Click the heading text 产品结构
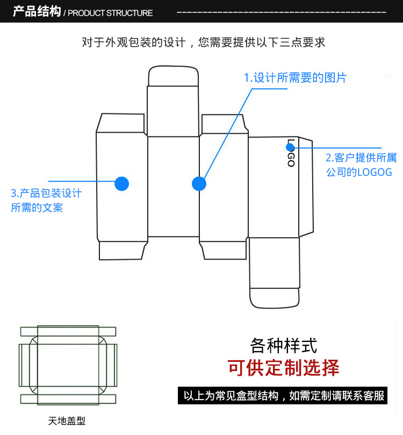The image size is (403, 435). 37,11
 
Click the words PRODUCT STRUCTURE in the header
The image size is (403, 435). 110,13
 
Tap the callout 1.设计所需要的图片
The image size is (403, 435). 295,78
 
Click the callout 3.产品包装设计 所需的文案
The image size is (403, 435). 46,200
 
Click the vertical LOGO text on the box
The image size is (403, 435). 291,153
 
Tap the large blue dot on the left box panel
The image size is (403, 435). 122,183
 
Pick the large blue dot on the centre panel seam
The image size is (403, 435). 199,183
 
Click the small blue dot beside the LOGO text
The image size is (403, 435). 291,146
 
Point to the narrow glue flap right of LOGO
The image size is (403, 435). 306,186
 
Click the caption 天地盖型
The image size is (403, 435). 67,420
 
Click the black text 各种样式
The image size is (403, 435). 284,345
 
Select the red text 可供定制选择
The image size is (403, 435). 284,368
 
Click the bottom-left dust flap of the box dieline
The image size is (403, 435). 122,251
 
